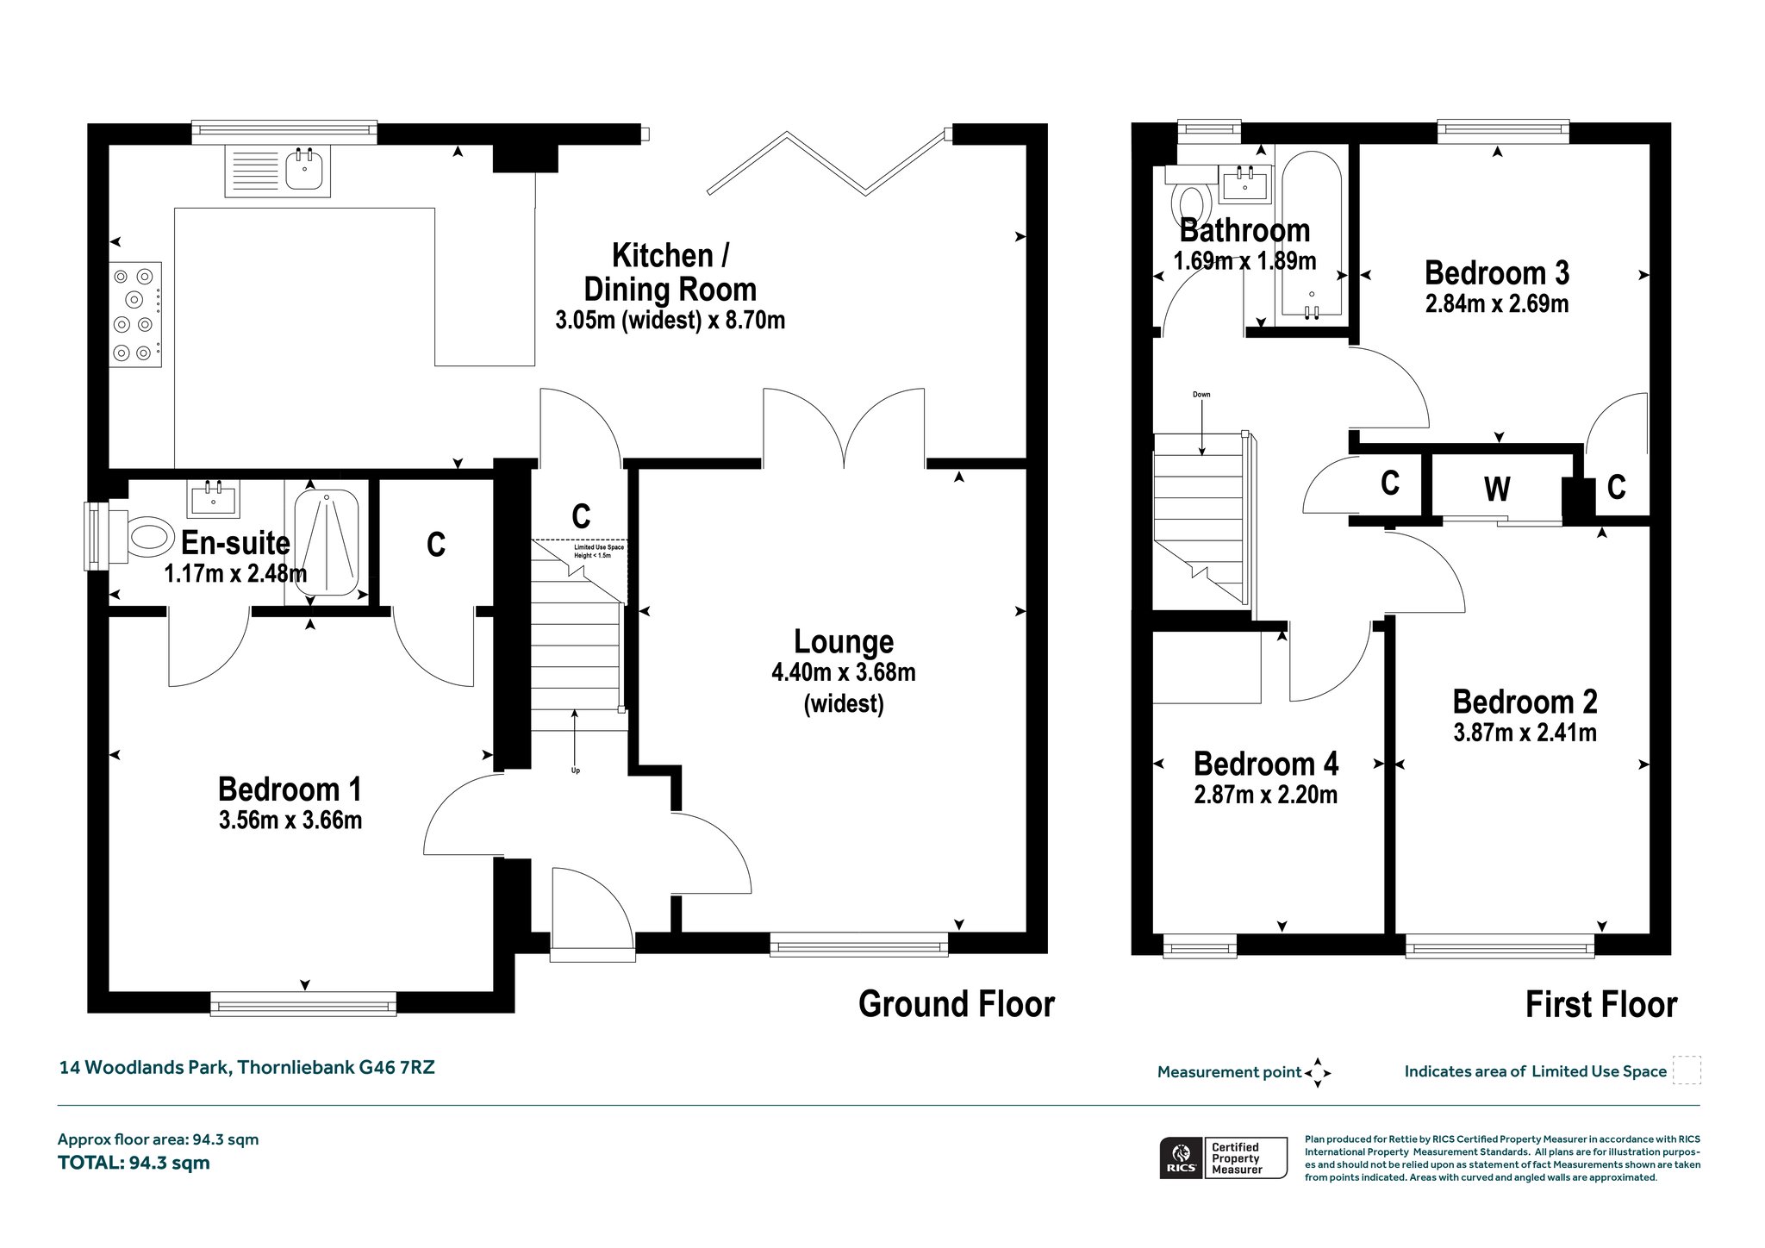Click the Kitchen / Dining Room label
(670, 272)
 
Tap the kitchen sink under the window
(278, 170)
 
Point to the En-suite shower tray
(327, 544)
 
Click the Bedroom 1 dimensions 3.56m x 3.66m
(290, 820)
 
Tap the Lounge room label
(844, 642)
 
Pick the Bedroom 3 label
(1497, 273)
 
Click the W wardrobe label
(1497, 490)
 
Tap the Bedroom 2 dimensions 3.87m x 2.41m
(1525, 733)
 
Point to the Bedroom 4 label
(1266, 764)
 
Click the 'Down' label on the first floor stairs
(1201, 395)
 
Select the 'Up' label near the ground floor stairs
(576, 771)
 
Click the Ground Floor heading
(957, 1005)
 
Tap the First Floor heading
(1601, 1005)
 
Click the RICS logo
(1180, 1158)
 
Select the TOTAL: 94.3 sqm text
(134, 1163)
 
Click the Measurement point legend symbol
(1318, 1073)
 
